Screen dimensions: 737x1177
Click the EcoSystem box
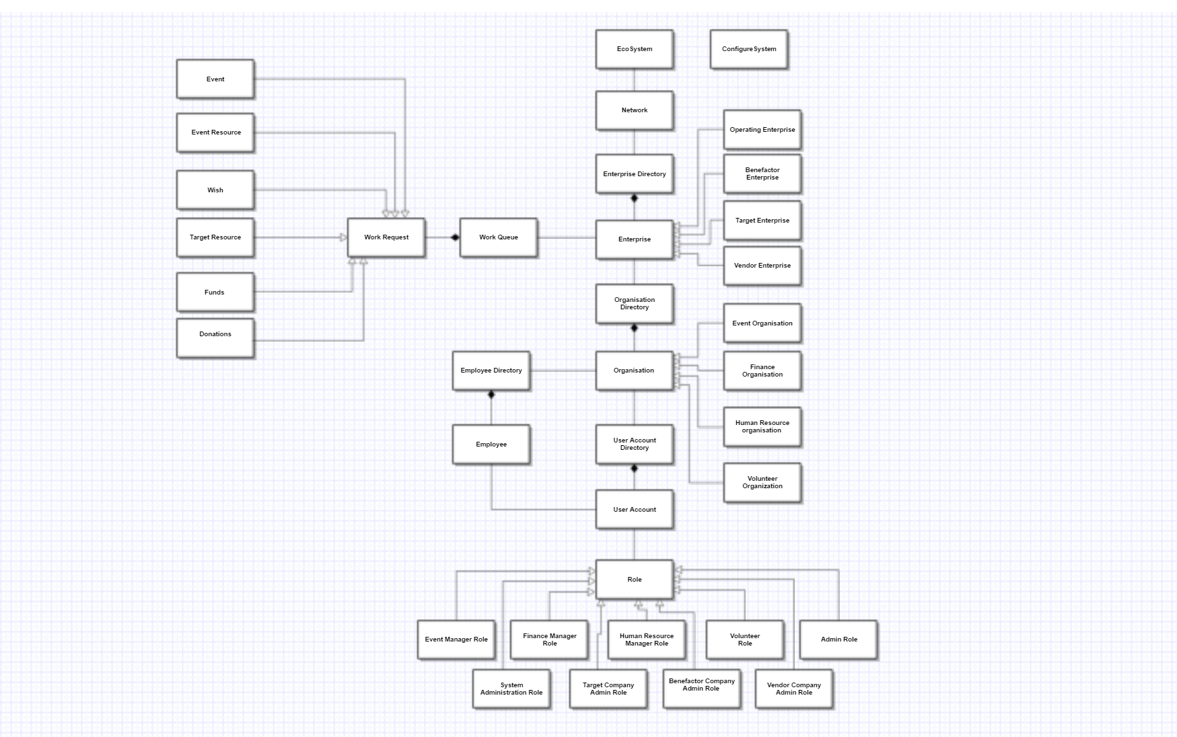(x=634, y=49)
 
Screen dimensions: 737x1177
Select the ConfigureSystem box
(x=748, y=49)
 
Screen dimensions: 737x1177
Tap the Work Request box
(x=386, y=237)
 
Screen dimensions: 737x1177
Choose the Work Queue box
(x=498, y=237)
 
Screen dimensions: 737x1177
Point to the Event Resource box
(x=215, y=132)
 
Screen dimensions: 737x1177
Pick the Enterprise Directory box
(x=634, y=174)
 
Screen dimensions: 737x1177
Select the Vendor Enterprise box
(x=762, y=266)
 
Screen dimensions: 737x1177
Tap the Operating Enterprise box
(x=762, y=130)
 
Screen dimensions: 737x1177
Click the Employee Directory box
(x=491, y=371)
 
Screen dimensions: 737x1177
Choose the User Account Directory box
(x=634, y=444)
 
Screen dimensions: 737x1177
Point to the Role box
(x=634, y=579)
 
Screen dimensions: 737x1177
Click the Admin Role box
(x=839, y=639)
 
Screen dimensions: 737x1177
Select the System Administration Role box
(x=511, y=689)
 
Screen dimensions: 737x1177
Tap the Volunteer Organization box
(x=762, y=482)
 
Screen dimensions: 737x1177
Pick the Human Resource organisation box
(x=762, y=426)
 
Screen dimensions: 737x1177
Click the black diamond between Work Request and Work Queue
(x=455, y=237)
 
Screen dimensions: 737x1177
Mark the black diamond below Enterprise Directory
(x=634, y=198)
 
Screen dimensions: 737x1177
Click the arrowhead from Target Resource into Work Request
(x=343, y=237)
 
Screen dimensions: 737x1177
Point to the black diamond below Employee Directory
(x=491, y=395)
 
